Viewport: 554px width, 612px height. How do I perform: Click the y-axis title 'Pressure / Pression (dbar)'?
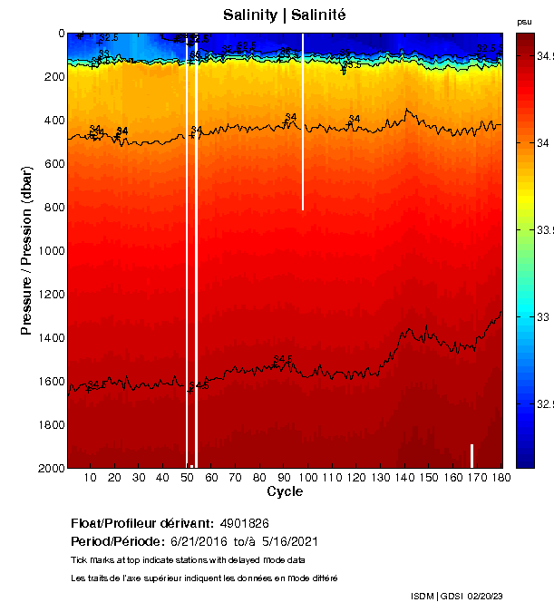[27, 251]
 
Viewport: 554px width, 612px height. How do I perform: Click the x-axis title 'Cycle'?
[285, 492]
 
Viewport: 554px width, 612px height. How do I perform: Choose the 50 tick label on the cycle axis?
[187, 477]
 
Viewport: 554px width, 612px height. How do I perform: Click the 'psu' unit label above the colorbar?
[524, 22]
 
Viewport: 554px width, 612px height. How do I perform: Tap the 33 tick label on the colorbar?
[544, 317]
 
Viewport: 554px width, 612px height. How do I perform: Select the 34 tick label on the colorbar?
[544, 143]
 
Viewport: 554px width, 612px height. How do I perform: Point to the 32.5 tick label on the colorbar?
[544, 403]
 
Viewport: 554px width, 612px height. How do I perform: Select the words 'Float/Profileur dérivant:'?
[141, 524]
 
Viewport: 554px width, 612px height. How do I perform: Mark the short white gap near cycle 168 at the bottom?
[471, 455]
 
